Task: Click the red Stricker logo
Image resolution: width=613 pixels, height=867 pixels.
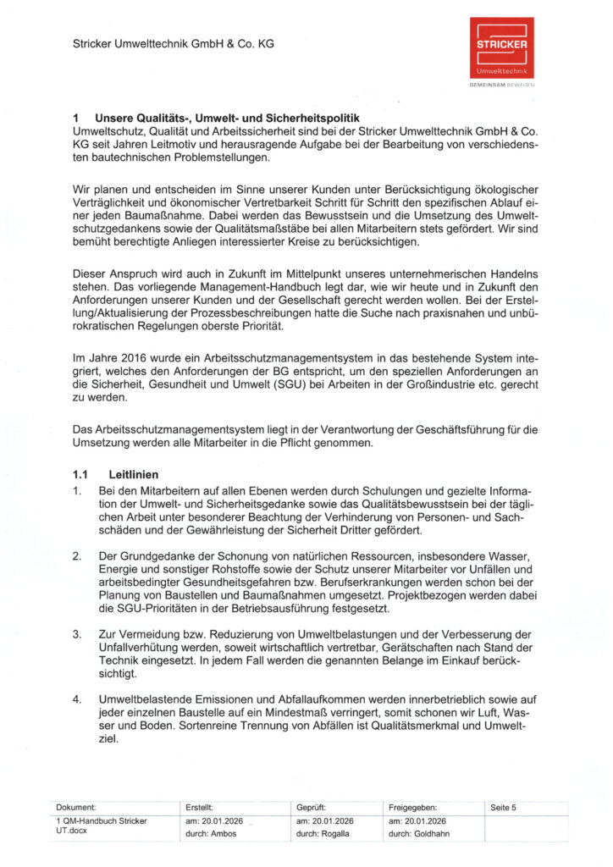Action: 503,48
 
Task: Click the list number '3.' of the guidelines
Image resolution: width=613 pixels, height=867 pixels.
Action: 77,633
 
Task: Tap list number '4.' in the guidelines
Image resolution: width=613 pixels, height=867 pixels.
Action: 77,699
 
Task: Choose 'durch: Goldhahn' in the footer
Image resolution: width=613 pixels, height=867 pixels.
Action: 419,834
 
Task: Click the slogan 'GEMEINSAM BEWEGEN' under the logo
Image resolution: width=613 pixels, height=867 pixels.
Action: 503,86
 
